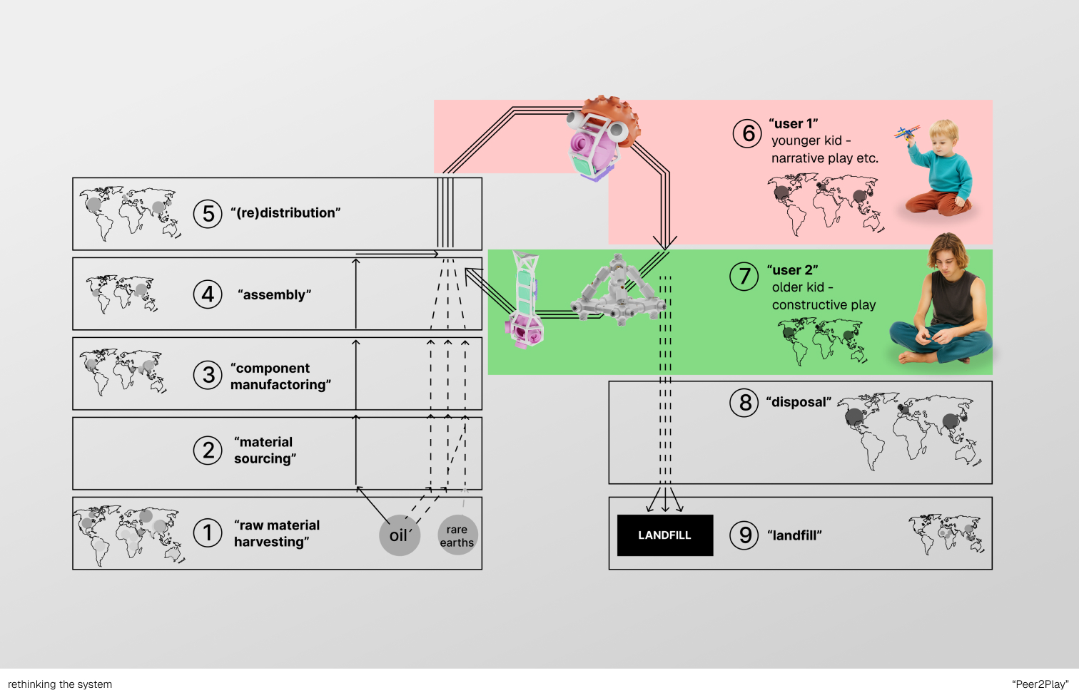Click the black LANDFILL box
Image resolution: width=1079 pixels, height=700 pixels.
tap(665, 535)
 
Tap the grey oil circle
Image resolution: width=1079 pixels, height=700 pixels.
tap(400, 535)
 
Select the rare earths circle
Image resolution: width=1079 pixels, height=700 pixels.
tap(457, 535)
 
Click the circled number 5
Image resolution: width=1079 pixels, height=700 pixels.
tap(208, 214)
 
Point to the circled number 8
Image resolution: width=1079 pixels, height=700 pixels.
tap(744, 402)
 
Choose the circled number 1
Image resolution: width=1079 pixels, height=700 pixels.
tap(208, 532)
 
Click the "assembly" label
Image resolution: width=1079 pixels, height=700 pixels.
tap(274, 294)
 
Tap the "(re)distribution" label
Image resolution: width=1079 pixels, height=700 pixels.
tap(285, 212)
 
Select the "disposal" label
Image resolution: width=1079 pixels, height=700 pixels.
tap(799, 402)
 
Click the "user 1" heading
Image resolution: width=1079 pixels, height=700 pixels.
tap(794, 123)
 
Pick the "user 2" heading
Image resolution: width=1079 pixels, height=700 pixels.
tap(792, 270)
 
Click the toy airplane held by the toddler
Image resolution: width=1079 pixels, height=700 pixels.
tap(906, 133)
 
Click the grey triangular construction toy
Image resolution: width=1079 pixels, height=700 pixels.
tap(618, 290)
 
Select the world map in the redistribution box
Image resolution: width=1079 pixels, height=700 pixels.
tap(130, 214)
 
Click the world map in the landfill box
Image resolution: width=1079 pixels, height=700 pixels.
tap(946, 535)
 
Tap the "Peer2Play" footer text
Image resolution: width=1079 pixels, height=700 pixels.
tap(1040, 684)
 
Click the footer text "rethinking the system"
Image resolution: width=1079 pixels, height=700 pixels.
tap(60, 684)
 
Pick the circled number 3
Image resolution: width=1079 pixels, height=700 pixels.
tap(208, 375)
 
